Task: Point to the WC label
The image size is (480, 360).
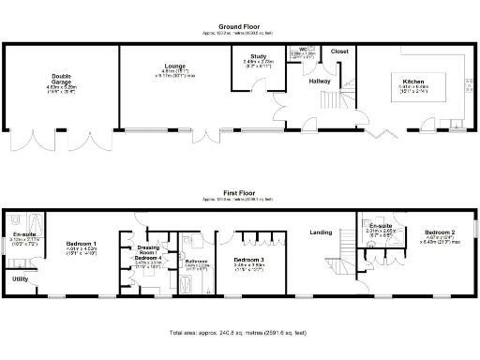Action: (303, 48)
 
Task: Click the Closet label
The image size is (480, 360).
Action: (339, 52)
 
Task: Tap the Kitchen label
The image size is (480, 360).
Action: (413, 82)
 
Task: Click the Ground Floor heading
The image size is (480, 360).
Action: (240, 27)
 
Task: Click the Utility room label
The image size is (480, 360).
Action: (20, 278)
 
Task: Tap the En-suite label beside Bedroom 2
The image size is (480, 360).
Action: (380, 227)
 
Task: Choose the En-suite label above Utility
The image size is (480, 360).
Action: (23, 234)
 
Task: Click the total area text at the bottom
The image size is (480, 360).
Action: (240, 333)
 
